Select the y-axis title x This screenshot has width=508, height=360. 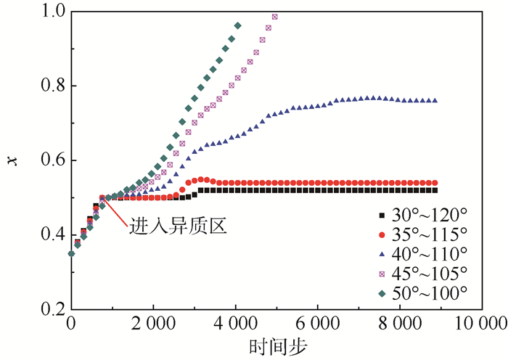click(12, 160)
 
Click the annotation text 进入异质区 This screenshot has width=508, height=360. click(179, 226)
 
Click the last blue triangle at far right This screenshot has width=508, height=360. click(435, 100)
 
